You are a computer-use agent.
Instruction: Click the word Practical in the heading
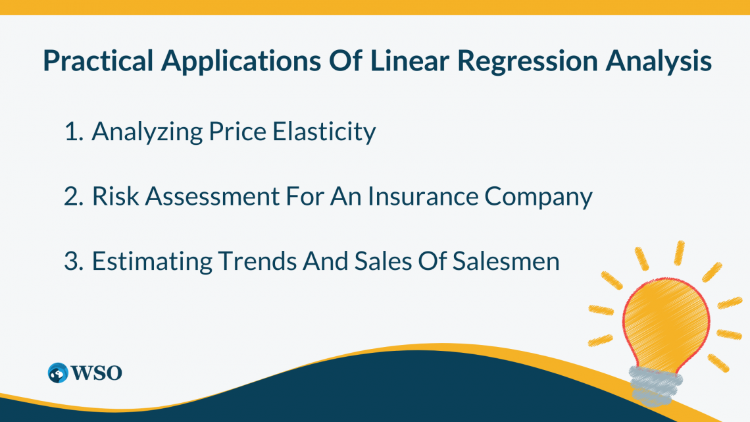(99, 61)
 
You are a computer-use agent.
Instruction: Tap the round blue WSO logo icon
(59, 373)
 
